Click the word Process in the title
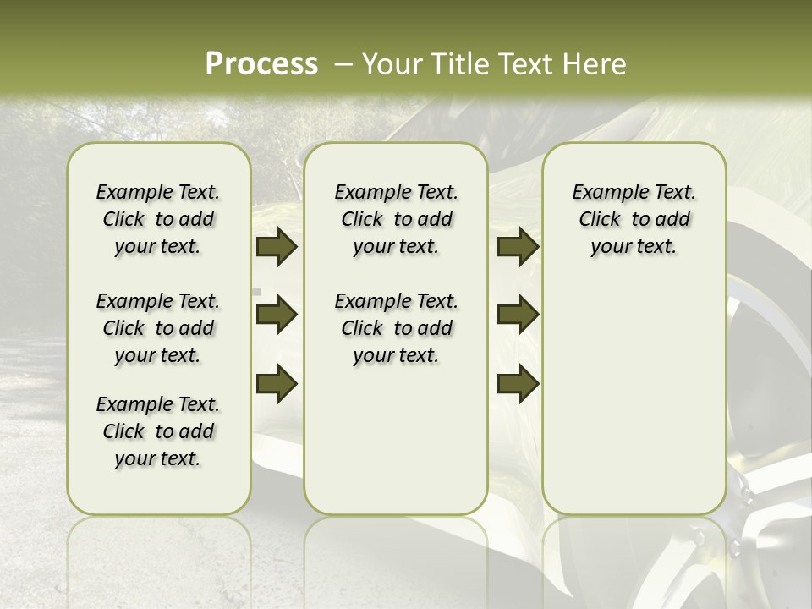[x=261, y=63]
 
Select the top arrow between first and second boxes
[x=277, y=247]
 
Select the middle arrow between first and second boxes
[x=277, y=315]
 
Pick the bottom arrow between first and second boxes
[x=277, y=383]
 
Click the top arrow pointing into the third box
[x=518, y=247]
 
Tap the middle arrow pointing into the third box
[x=518, y=315]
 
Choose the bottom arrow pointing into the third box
[x=518, y=383]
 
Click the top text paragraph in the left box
[x=158, y=219]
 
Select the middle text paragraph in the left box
[x=158, y=328]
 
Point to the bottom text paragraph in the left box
[x=158, y=431]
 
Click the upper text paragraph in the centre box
[x=396, y=219]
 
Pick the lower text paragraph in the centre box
[x=396, y=328]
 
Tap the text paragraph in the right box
[x=634, y=219]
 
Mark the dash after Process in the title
[x=343, y=64]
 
